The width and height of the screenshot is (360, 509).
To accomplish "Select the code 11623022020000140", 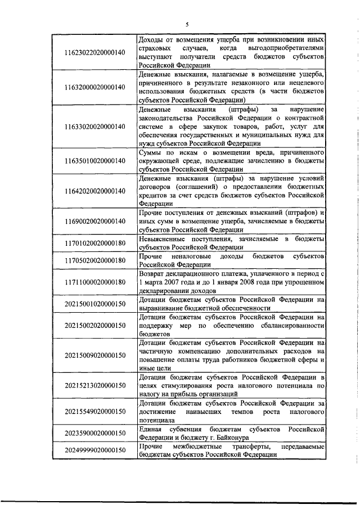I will (94, 52).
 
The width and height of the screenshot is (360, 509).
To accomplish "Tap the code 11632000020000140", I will (94, 87).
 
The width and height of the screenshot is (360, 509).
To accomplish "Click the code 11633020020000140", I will (94, 127).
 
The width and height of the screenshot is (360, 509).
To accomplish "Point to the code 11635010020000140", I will (94, 161).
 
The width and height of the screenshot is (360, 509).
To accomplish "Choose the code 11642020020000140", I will (94, 191).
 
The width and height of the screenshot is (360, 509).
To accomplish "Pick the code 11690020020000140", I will (94, 221).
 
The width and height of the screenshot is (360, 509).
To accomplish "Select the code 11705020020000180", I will (94, 260).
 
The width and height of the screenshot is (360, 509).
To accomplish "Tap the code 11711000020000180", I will (94, 282).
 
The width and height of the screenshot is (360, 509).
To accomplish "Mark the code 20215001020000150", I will (94, 304).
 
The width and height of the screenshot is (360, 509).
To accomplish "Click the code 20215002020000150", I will (94, 325).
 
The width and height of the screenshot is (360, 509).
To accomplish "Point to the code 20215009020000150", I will (94, 355).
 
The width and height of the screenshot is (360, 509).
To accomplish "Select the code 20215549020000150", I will (94, 411).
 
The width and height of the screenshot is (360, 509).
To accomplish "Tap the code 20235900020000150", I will (94, 433).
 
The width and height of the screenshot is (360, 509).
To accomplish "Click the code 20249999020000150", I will (94, 451).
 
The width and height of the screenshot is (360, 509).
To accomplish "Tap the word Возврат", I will (152, 273).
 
